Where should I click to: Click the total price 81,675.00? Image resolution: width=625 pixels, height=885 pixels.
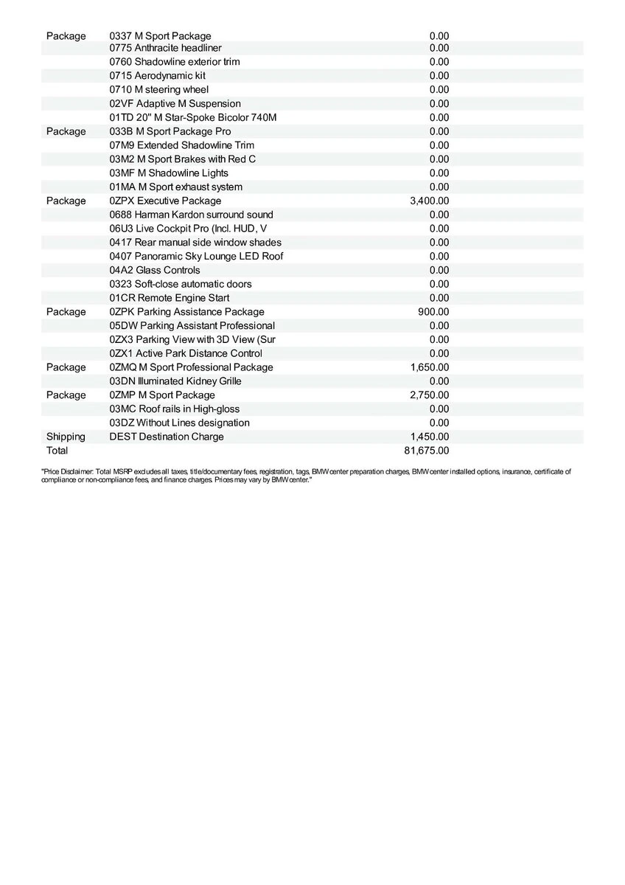coord(426,451)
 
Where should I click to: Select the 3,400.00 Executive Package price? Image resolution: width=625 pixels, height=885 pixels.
coord(429,201)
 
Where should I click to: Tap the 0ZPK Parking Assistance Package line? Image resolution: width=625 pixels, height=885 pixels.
coord(186,312)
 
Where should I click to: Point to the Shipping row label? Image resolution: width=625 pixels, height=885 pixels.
coord(66,437)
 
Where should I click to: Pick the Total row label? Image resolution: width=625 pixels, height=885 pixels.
coord(57,451)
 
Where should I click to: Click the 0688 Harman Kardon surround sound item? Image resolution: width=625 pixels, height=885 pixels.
coord(191,215)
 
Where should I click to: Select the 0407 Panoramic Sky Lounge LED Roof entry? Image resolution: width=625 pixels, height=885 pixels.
coord(196,256)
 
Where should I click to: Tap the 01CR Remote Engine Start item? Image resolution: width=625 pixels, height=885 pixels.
coord(169,298)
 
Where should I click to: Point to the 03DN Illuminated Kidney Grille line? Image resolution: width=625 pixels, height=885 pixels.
coord(175,381)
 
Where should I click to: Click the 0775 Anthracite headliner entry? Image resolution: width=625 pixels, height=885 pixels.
coord(165,48)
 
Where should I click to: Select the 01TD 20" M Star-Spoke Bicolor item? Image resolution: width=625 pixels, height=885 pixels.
coord(192,117)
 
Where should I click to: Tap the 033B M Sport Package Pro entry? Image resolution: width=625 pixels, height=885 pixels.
coord(170,131)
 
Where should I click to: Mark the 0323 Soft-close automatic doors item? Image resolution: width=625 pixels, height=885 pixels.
coord(180,284)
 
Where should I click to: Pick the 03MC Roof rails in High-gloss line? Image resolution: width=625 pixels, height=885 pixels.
coord(174,409)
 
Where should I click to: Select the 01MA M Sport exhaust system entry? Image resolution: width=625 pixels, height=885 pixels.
coord(175,187)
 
